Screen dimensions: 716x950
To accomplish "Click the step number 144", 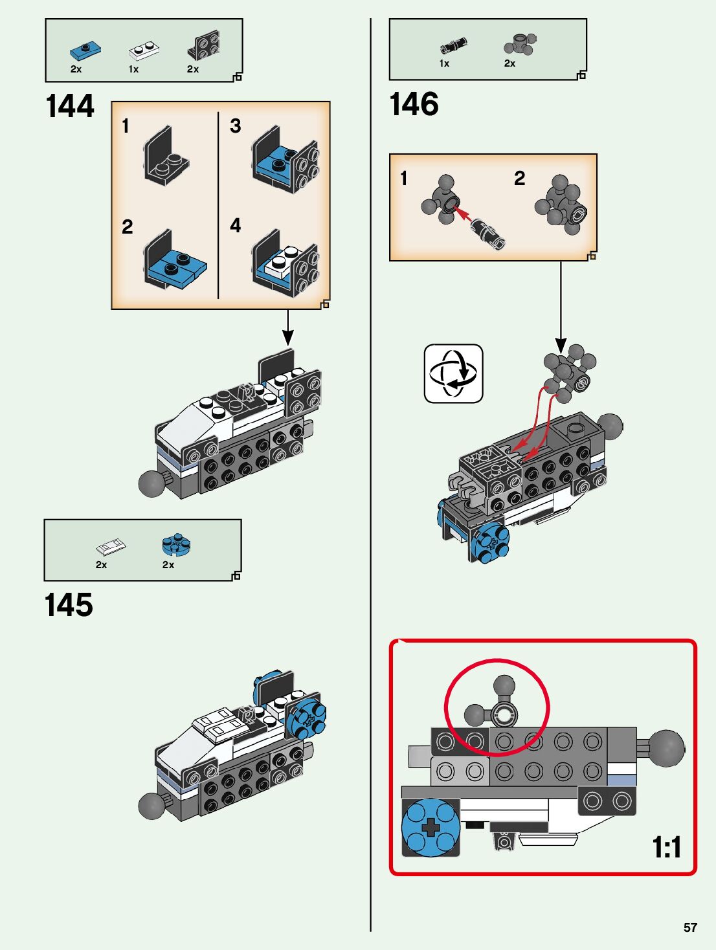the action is point(70,106).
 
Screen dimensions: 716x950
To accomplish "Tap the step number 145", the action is point(69,606).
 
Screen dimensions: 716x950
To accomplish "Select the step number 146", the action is point(414,104).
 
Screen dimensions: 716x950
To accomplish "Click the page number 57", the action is point(690,927).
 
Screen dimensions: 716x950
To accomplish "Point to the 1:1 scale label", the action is point(666,847).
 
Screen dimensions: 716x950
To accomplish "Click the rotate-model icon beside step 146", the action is point(453,373).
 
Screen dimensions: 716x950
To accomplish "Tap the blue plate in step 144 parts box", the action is point(85,50).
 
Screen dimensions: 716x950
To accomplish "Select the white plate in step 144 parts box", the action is point(144,50).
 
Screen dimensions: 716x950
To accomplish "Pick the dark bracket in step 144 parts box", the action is point(203,45).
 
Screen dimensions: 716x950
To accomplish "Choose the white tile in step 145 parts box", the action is point(111,547).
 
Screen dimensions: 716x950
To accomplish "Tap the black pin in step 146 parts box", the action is point(453,45).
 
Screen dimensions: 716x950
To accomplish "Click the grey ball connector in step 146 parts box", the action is point(520,45).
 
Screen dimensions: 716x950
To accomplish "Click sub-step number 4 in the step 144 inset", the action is point(235,226).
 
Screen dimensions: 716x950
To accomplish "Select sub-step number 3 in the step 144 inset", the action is point(235,126).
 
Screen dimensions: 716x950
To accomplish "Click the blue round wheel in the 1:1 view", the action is point(430,827).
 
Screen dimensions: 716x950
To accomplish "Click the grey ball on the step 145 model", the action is point(151,806).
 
